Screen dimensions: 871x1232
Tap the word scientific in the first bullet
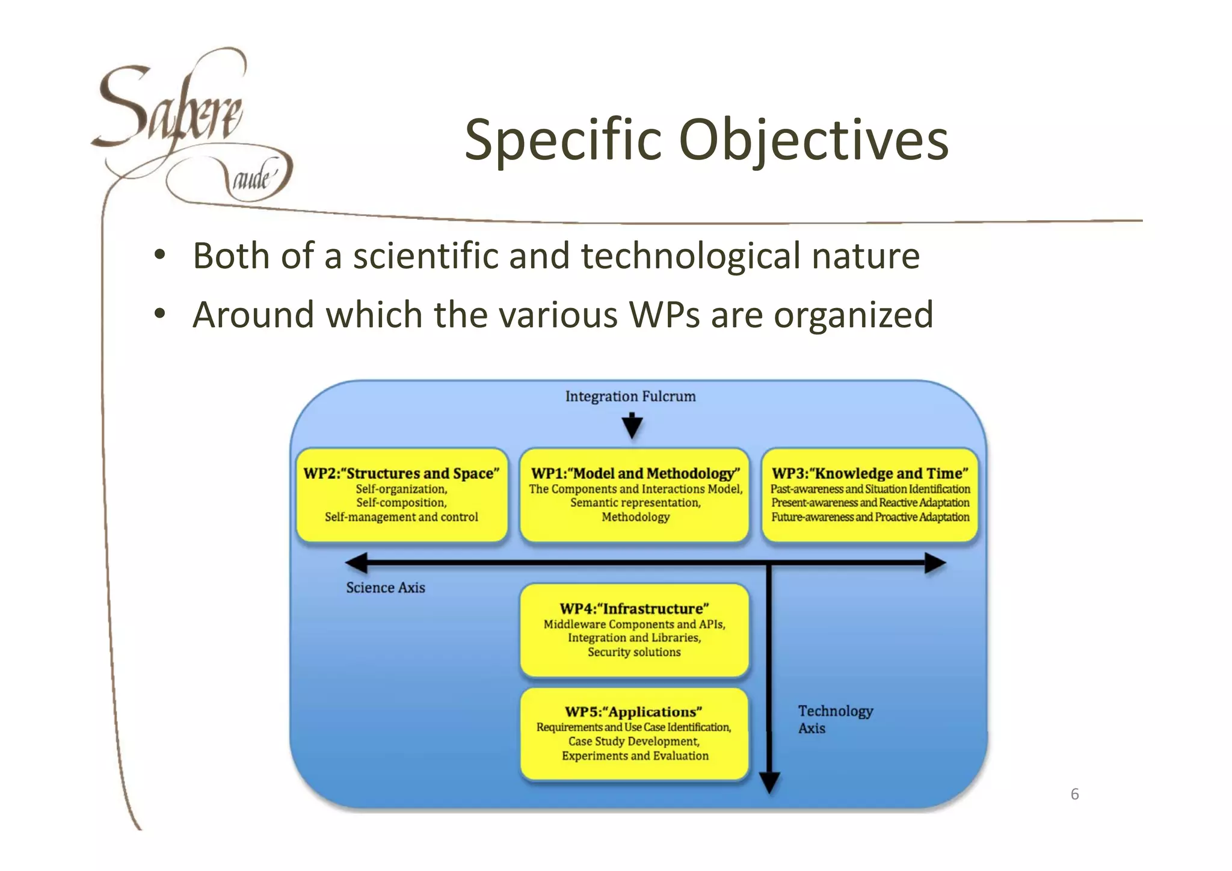[x=425, y=256]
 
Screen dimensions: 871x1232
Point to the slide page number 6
[x=1074, y=794]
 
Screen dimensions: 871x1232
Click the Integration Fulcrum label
[x=630, y=396]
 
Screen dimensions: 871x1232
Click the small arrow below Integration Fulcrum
[x=632, y=426]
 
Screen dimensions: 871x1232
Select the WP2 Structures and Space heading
[x=401, y=473]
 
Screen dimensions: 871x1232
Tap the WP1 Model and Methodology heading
[x=635, y=473]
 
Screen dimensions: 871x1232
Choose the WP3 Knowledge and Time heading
[x=870, y=473]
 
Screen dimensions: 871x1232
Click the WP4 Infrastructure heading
[x=634, y=609]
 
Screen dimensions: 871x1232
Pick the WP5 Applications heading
[x=633, y=712]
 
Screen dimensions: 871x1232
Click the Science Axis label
[x=385, y=588]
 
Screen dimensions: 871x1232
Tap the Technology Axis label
[x=835, y=719]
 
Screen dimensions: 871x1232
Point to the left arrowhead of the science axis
[x=356, y=564]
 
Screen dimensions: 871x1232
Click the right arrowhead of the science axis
[x=935, y=564]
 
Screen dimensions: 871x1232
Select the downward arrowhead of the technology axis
[x=769, y=783]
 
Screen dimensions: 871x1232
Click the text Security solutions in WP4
[x=634, y=652]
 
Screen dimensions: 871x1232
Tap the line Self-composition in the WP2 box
[x=401, y=503]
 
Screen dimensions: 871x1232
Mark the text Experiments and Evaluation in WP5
[x=635, y=756]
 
